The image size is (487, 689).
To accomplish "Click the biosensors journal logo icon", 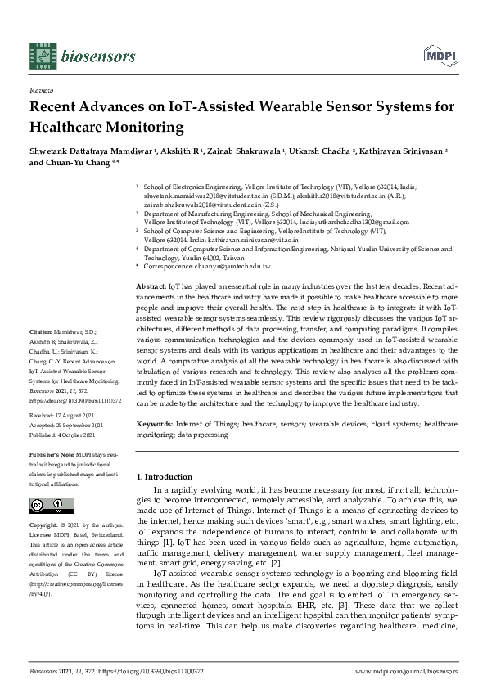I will coord(42,56).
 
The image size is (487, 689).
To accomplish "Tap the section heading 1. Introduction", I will coord(164,475).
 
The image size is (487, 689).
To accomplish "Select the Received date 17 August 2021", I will coord(81,416).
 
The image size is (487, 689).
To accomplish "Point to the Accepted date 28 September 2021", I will coord(86,426).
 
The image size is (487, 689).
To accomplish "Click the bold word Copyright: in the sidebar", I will coord(44,525).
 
